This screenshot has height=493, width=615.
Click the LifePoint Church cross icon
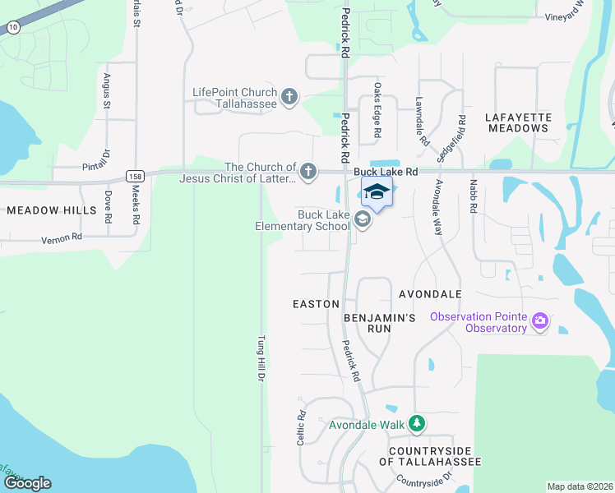click(x=289, y=98)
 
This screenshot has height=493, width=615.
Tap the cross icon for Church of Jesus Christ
click(x=307, y=172)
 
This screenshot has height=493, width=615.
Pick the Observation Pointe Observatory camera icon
click(x=540, y=320)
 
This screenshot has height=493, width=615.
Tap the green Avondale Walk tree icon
click(x=418, y=424)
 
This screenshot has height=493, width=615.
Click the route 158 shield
click(x=134, y=176)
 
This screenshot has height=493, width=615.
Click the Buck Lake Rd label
click(x=386, y=172)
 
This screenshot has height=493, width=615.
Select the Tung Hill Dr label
click(x=261, y=358)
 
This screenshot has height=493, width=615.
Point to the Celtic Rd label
click(x=302, y=427)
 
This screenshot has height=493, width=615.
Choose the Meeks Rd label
click(x=136, y=208)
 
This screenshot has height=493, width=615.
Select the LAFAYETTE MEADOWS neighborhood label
click(x=518, y=122)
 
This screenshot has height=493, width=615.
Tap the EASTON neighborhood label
click(x=316, y=304)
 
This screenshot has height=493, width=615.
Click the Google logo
click(x=27, y=483)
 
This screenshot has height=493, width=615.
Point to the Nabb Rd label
click(x=473, y=197)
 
